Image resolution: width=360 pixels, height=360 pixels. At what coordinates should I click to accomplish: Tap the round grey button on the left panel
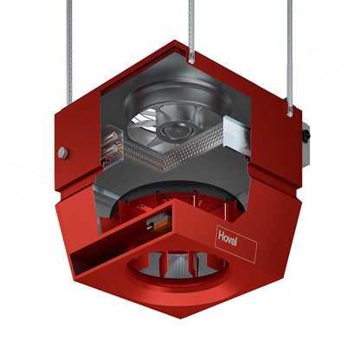tap(63, 152)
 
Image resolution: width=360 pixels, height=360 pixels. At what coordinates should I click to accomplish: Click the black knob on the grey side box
tap(305, 135)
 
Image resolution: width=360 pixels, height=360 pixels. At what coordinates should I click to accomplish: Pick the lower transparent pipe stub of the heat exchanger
tap(112, 151)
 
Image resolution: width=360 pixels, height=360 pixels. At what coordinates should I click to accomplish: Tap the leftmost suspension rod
tap(69, 53)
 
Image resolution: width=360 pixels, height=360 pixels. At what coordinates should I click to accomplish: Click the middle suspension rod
tap(191, 29)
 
